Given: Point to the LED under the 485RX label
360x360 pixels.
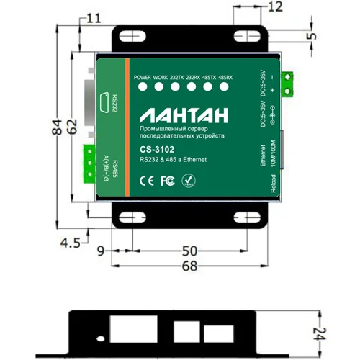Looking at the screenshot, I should [x=225, y=88].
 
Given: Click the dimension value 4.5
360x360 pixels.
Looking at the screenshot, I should [x=69, y=243].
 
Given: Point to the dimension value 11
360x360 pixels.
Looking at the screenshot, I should [x=94, y=18].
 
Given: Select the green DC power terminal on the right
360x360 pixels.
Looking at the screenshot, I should [x=288, y=84].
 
